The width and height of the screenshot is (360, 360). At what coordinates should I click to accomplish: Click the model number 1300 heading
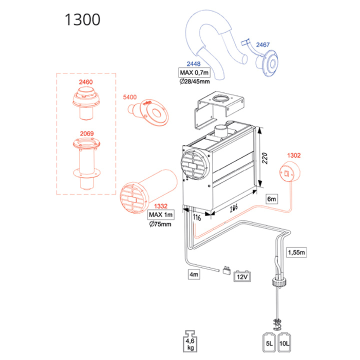(x=82, y=19)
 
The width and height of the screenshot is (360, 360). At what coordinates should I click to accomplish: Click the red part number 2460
(x=86, y=81)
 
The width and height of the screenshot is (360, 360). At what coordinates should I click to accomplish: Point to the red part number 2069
(x=86, y=134)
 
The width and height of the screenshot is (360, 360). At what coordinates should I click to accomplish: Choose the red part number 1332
(x=160, y=206)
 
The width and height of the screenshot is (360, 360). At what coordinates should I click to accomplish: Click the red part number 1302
(x=294, y=155)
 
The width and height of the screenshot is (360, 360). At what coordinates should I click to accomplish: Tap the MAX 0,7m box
(x=194, y=72)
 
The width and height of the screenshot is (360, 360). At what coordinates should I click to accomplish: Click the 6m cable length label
(x=271, y=198)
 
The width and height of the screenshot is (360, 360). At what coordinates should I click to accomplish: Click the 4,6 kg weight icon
(x=191, y=341)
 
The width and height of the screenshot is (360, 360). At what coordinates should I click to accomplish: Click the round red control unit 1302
(x=288, y=172)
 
